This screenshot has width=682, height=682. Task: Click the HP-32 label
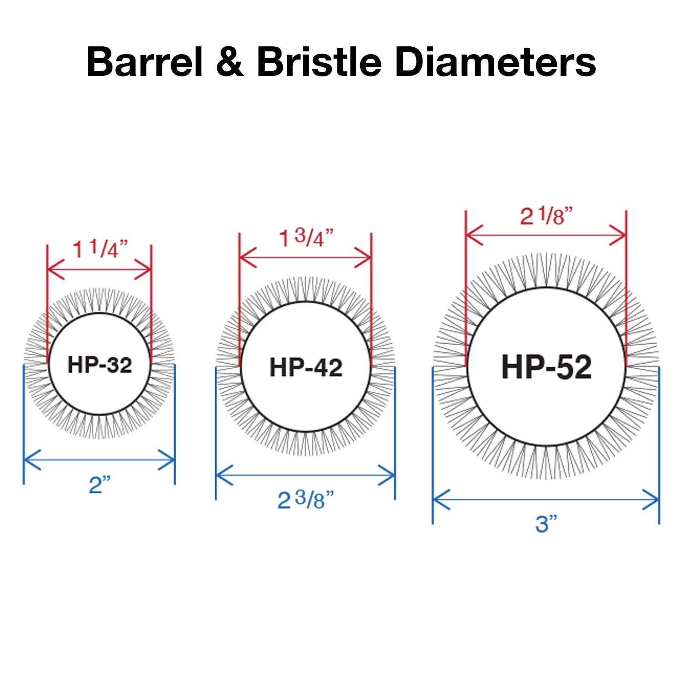tap(100, 365)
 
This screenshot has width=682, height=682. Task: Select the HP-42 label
tap(306, 367)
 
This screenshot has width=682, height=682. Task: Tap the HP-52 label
tap(546, 367)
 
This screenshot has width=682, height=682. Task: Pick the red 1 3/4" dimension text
tap(306, 238)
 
